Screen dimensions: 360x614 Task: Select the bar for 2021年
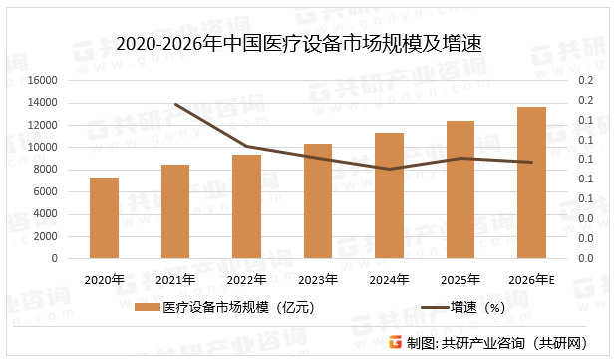[x=175, y=211]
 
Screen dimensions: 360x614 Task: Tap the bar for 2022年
[x=246, y=206]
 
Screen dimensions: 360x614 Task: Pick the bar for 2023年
[x=318, y=200]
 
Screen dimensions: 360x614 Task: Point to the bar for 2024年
[x=389, y=195]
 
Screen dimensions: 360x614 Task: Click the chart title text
[x=306, y=44]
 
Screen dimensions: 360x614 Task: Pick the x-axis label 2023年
[x=318, y=279]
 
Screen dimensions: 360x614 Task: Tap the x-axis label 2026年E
[x=532, y=279]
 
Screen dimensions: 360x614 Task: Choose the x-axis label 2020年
[x=104, y=279]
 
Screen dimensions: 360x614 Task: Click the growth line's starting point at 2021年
[x=175, y=104]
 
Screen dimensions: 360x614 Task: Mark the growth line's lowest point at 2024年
[x=389, y=169]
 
